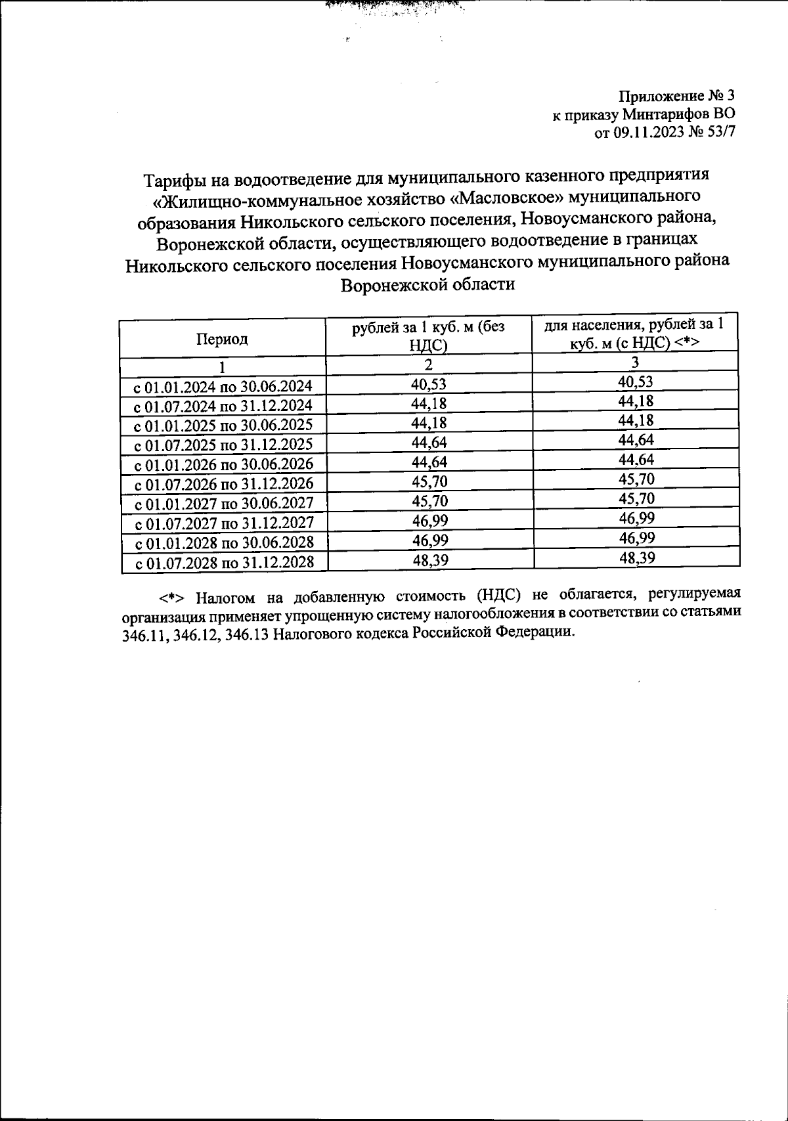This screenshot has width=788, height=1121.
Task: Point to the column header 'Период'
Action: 222,339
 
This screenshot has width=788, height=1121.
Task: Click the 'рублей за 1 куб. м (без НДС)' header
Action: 428,335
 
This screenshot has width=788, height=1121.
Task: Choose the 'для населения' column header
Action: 636,334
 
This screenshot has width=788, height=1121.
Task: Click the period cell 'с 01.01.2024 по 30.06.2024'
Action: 223,386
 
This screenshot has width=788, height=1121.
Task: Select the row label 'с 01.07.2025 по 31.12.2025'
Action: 223,445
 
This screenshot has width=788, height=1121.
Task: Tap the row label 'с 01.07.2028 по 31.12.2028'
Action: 223,563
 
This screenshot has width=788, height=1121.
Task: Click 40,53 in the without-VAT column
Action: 428,383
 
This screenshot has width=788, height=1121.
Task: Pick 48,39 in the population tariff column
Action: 636,558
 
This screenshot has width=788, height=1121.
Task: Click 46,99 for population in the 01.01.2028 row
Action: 636,539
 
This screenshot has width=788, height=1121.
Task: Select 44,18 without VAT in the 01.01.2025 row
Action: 428,422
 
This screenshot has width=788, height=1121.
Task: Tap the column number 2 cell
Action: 428,364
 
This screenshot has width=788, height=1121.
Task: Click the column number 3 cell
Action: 635,363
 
